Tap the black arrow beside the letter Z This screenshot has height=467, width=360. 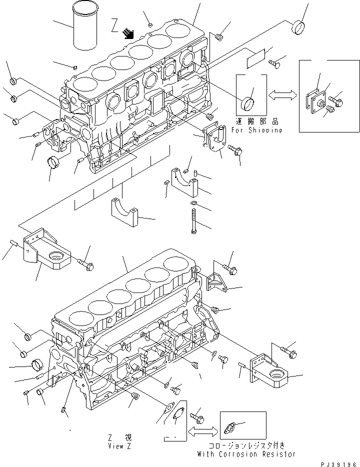pyautogui.click(x=129, y=33)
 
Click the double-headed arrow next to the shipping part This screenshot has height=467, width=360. pyautogui.click(x=282, y=93)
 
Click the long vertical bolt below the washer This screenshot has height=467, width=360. pyautogui.click(x=193, y=220)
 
